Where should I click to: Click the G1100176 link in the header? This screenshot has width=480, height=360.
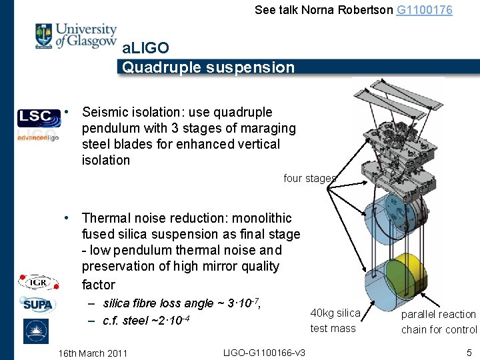coord(424,10)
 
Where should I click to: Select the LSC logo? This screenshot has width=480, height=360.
coord(34,117)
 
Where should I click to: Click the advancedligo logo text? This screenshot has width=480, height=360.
coord(37,137)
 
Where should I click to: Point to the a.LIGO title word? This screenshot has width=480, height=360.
coord(145,49)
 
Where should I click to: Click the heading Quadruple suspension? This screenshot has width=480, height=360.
coord(208,67)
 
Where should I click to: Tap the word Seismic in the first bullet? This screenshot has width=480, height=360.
coord(108,112)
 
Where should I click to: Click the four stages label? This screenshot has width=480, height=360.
coord(309,178)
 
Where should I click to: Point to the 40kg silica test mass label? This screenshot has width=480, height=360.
coord(335,321)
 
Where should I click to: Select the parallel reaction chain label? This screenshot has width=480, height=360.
coord(439,321)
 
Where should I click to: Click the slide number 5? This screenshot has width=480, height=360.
coord(469,352)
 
